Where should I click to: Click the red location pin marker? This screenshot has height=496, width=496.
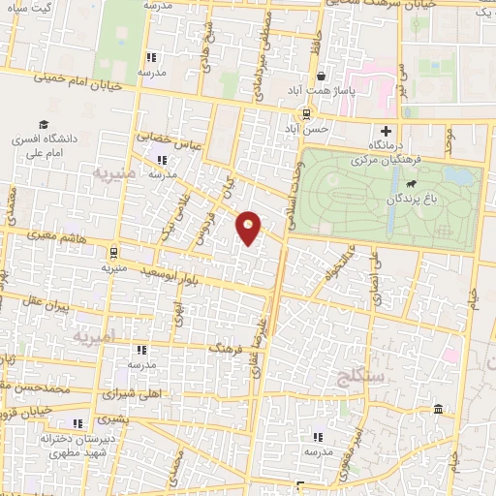249,227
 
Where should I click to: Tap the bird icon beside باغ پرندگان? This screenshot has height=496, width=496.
412,183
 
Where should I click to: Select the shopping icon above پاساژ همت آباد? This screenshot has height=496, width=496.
320,76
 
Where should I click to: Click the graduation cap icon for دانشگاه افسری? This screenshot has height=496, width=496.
43,125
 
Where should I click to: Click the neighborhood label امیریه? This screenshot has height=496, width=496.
93,335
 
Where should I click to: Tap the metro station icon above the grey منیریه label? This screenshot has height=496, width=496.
113,250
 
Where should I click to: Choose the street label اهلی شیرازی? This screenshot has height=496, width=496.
132,395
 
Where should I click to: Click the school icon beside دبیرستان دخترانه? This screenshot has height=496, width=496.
77,423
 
